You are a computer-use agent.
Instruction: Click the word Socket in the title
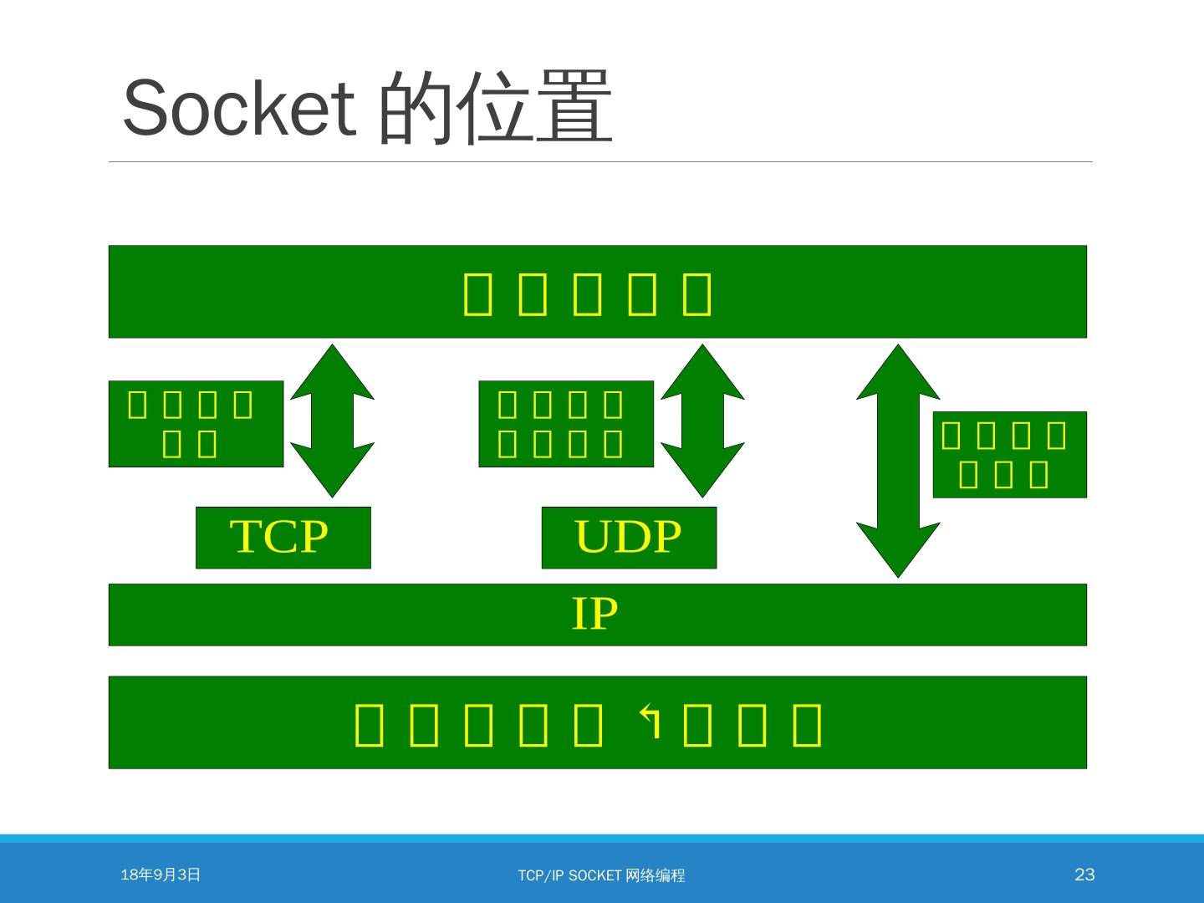pyautogui.click(x=239, y=109)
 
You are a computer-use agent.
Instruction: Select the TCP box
pyautogui.click(x=283, y=538)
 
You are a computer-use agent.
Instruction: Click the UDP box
pyautogui.click(x=629, y=538)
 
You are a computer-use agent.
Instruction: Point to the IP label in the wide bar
pyautogui.click(x=594, y=615)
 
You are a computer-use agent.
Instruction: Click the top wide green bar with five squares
pyautogui.click(x=597, y=292)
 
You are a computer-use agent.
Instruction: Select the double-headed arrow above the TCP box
pyautogui.click(x=333, y=421)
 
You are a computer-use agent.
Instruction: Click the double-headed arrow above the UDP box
pyautogui.click(x=702, y=421)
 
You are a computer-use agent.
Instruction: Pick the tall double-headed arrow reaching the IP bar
pyautogui.click(x=899, y=461)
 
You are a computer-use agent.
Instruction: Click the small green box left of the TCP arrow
pyautogui.click(x=196, y=424)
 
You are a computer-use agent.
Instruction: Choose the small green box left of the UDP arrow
pyautogui.click(x=565, y=424)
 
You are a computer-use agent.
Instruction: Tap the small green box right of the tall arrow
pyautogui.click(x=1009, y=455)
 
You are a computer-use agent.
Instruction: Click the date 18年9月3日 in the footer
pyautogui.click(x=161, y=875)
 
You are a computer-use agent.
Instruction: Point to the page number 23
pyautogui.click(x=1084, y=875)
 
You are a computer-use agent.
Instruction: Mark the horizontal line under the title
pyautogui.click(x=600, y=161)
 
